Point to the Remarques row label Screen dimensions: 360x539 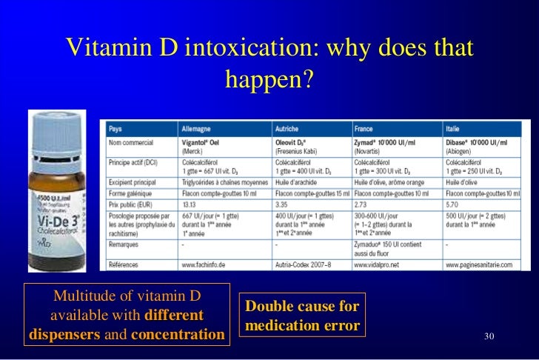tap(127, 242)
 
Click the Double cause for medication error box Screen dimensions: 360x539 tap(301, 316)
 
